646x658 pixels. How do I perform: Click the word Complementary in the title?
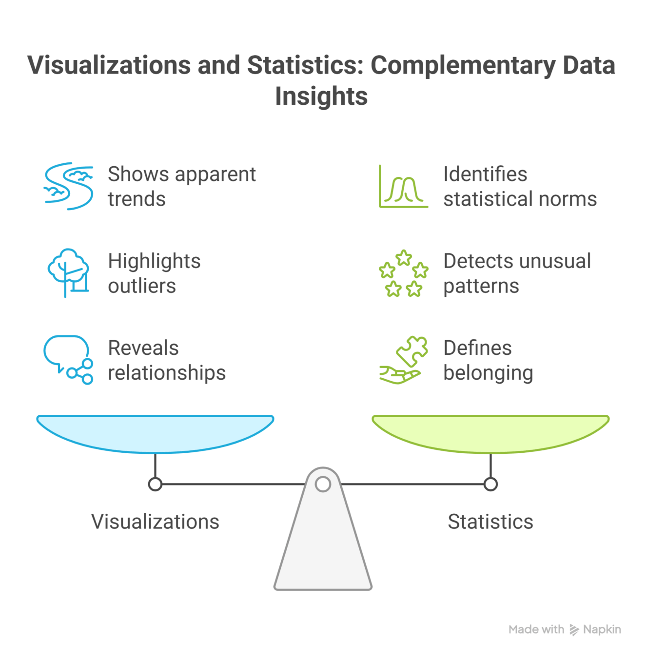(463, 66)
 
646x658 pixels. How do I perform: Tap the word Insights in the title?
(321, 96)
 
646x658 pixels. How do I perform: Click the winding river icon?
(69, 186)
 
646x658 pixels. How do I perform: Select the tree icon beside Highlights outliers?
(69, 272)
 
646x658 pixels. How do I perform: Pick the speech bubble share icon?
(69, 360)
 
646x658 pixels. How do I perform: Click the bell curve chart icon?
(404, 186)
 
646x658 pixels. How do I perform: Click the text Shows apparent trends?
(181, 186)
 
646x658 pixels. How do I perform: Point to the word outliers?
(142, 286)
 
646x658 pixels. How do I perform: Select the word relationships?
(167, 373)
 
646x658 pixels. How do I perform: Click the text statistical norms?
(520, 199)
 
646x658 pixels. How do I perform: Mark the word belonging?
(488, 373)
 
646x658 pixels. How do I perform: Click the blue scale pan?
(155, 432)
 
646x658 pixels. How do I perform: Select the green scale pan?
(490, 432)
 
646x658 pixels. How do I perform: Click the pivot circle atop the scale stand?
(323, 484)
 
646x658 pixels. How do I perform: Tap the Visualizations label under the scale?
(155, 522)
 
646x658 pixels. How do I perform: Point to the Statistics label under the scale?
(490, 522)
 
